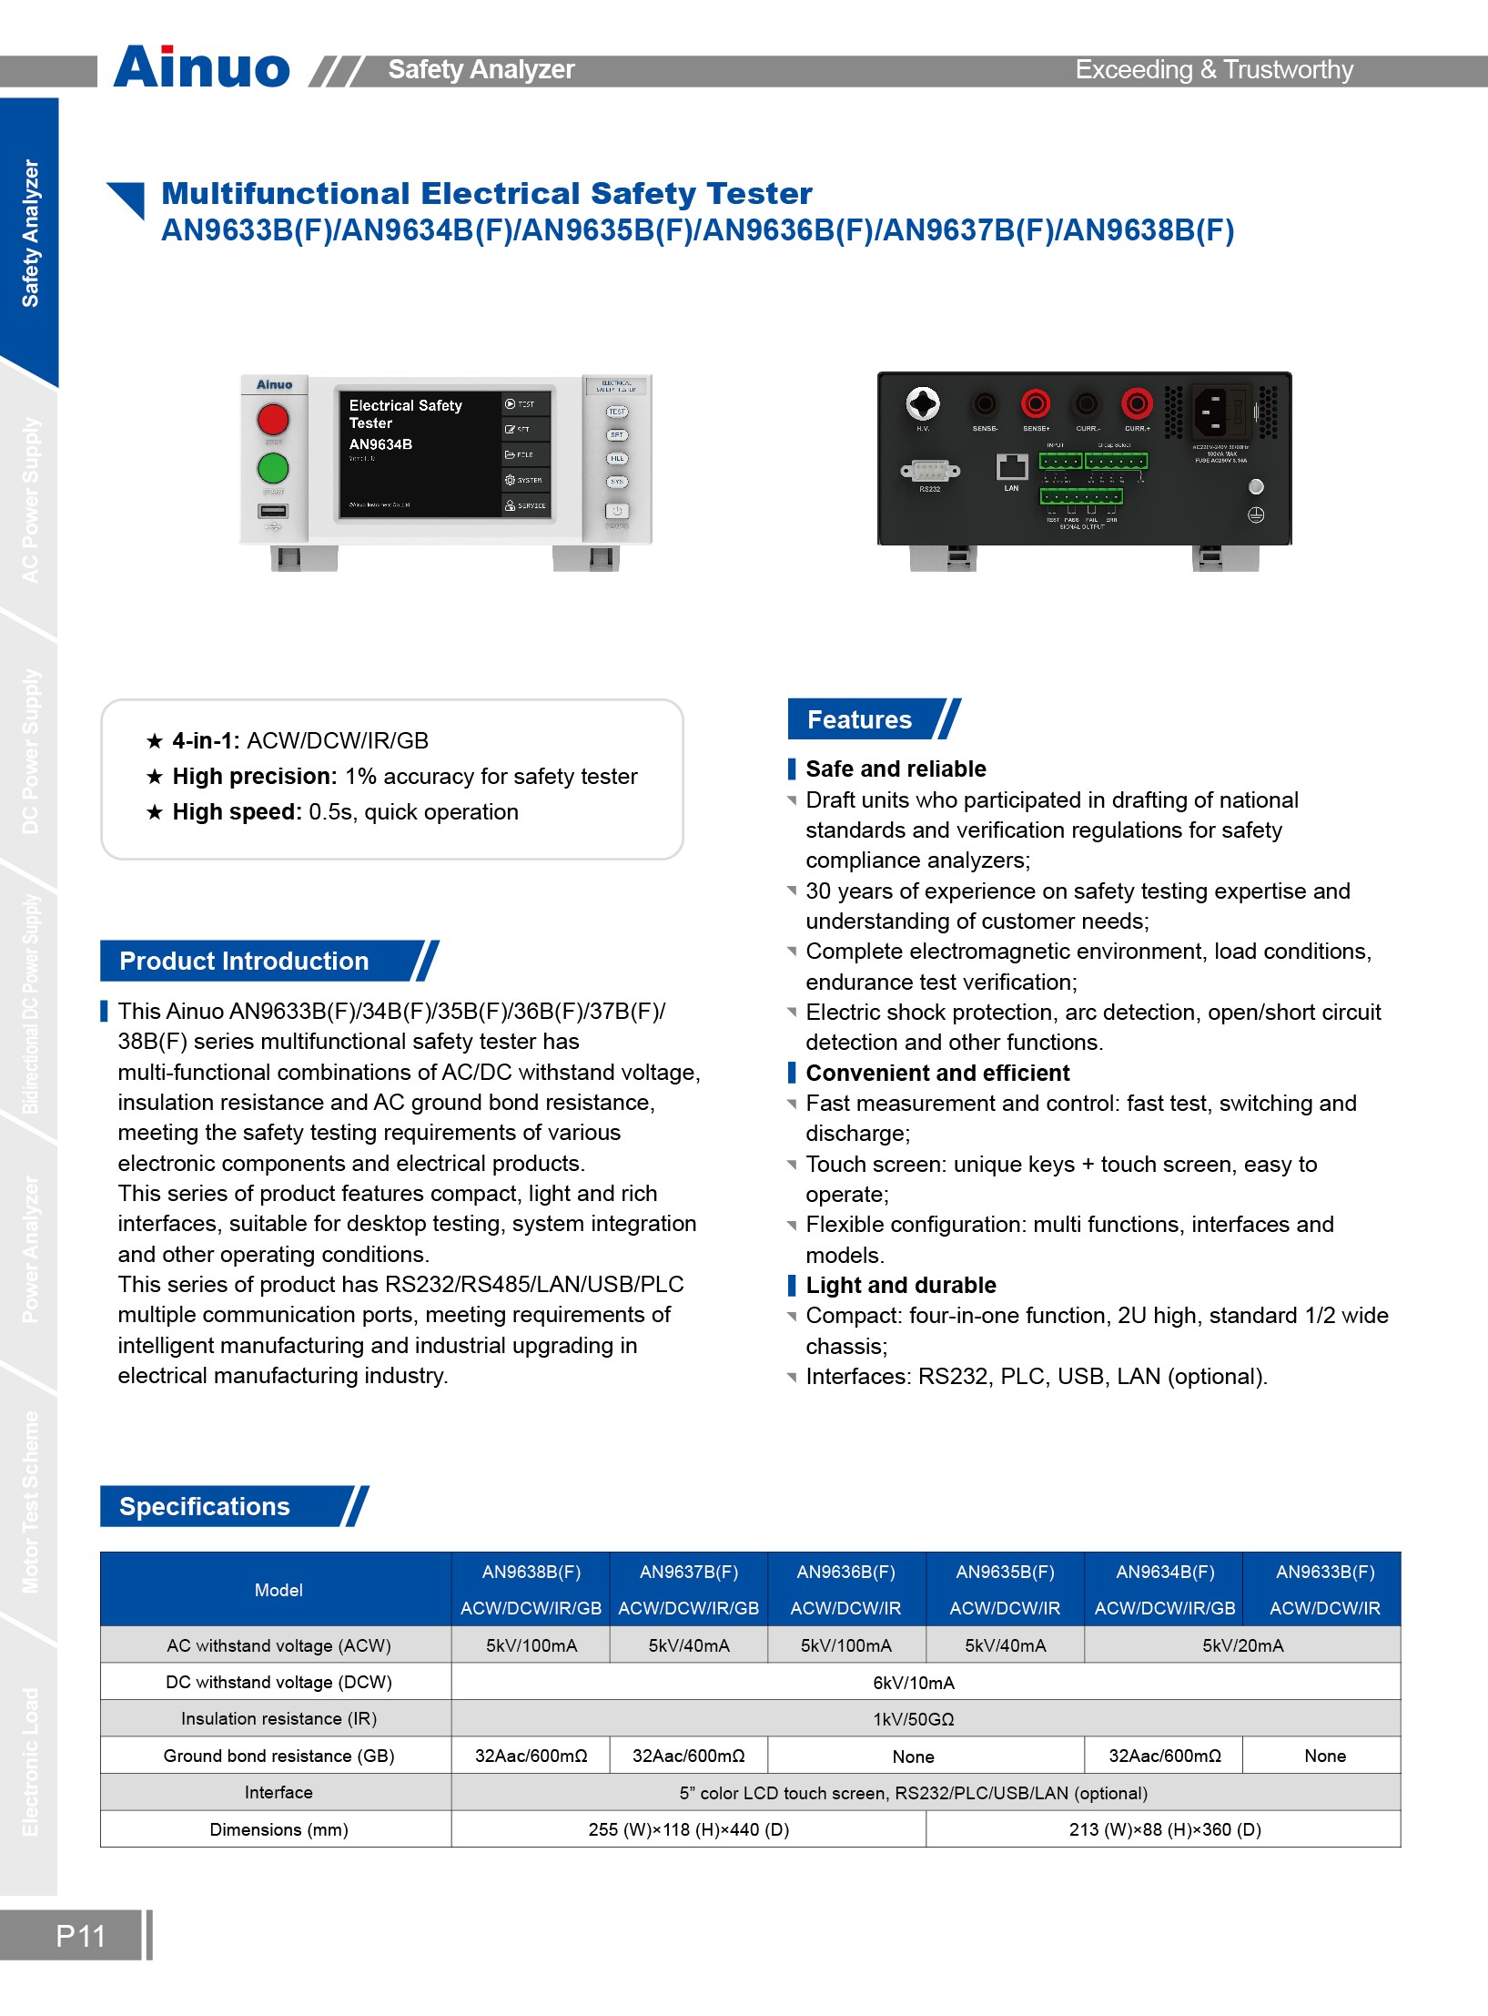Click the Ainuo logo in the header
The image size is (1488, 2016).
click(202, 67)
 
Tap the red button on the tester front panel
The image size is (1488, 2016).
click(273, 420)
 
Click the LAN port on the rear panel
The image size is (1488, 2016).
click(1011, 467)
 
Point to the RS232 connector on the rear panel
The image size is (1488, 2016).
click(929, 471)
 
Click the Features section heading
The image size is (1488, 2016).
click(859, 719)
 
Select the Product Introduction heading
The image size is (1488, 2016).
click(244, 961)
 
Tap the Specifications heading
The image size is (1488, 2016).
click(205, 1506)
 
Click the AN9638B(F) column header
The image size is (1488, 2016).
click(531, 1573)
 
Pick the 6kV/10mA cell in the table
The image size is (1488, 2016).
click(914, 1683)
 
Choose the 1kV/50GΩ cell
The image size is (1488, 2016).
click(914, 1719)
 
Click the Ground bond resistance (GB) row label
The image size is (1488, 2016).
click(278, 1756)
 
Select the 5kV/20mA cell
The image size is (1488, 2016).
click(1242, 1645)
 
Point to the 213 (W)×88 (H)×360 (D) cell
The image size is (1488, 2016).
click(1164, 1829)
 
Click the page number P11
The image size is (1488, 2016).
click(80, 1936)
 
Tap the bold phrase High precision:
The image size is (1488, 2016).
click(255, 777)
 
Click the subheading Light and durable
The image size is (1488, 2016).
click(901, 1285)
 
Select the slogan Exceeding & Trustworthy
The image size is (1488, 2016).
click(1214, 70)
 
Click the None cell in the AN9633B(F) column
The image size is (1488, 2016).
click(1324, 1756)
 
